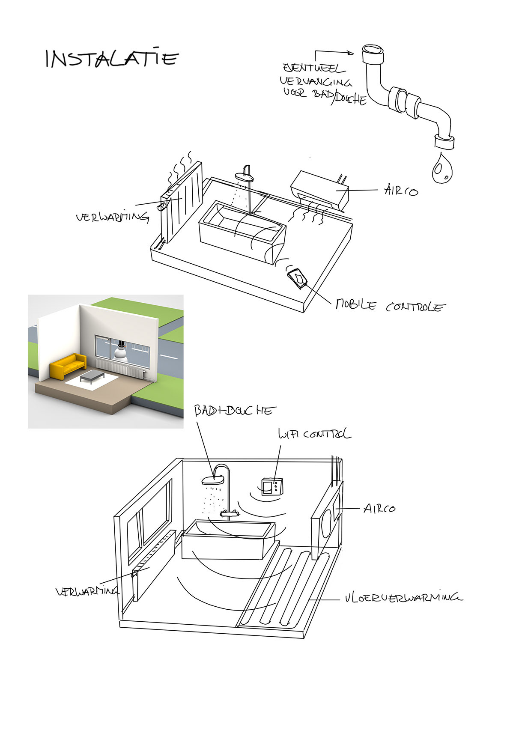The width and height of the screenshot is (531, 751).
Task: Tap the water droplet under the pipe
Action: pos(442,167)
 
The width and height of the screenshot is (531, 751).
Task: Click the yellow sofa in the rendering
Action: pos(68,365)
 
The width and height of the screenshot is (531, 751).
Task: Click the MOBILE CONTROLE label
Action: pos(390,306)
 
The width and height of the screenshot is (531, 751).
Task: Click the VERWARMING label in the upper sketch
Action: pos(112,217)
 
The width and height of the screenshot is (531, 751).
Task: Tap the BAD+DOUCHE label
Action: pos(235,411)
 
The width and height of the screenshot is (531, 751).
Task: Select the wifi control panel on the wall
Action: pos(272,486)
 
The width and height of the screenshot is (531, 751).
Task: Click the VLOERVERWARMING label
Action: pos(403,597)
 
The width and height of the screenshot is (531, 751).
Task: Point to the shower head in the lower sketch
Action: pos(213,480)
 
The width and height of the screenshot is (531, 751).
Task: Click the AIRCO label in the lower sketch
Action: pos(379,508)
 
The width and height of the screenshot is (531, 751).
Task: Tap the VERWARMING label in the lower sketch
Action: pos(87,591)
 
